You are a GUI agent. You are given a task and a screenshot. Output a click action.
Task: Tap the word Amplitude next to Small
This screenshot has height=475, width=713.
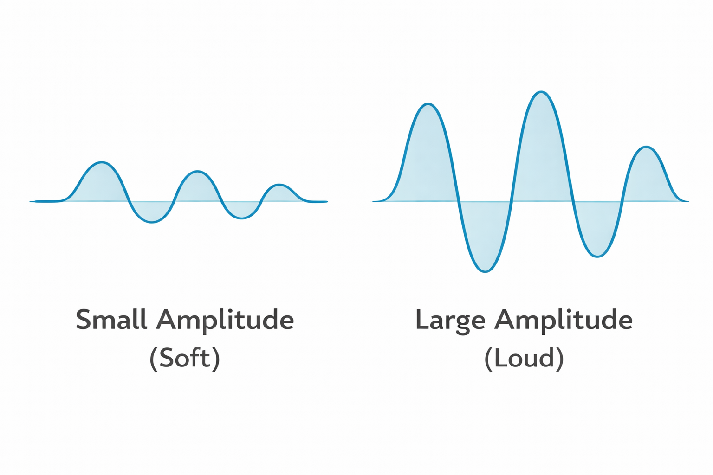point(225,320)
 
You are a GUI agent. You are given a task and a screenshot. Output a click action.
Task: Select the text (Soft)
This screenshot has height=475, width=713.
point(185,358)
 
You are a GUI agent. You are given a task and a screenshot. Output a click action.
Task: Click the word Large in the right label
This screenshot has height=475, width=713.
point(450,320)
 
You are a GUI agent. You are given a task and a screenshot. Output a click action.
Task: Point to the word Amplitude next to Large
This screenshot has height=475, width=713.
point(563,320)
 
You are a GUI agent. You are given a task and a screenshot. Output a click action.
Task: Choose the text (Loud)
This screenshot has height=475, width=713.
point(524,358)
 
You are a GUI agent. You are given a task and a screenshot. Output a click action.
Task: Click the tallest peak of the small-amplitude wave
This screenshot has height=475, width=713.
point(102,162)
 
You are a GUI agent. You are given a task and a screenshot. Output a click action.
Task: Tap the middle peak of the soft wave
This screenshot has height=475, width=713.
point(198,172)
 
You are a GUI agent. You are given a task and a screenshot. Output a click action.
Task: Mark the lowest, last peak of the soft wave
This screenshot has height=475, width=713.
point(279,185)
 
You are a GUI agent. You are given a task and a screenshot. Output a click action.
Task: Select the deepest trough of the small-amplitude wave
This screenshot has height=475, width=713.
point(152,223)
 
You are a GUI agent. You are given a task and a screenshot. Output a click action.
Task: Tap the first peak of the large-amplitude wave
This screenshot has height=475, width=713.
point(428,104)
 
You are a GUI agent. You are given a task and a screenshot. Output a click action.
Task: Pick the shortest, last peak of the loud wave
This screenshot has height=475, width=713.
point(646,147)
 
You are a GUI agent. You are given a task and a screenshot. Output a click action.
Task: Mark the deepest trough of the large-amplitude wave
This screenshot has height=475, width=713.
point(485,271)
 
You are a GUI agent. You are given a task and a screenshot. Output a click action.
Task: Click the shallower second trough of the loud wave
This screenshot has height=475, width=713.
point(597,256)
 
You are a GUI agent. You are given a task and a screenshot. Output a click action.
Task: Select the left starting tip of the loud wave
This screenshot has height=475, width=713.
point(374,201)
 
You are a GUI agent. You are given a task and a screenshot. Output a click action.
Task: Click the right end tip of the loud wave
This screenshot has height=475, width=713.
point(687,201)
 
